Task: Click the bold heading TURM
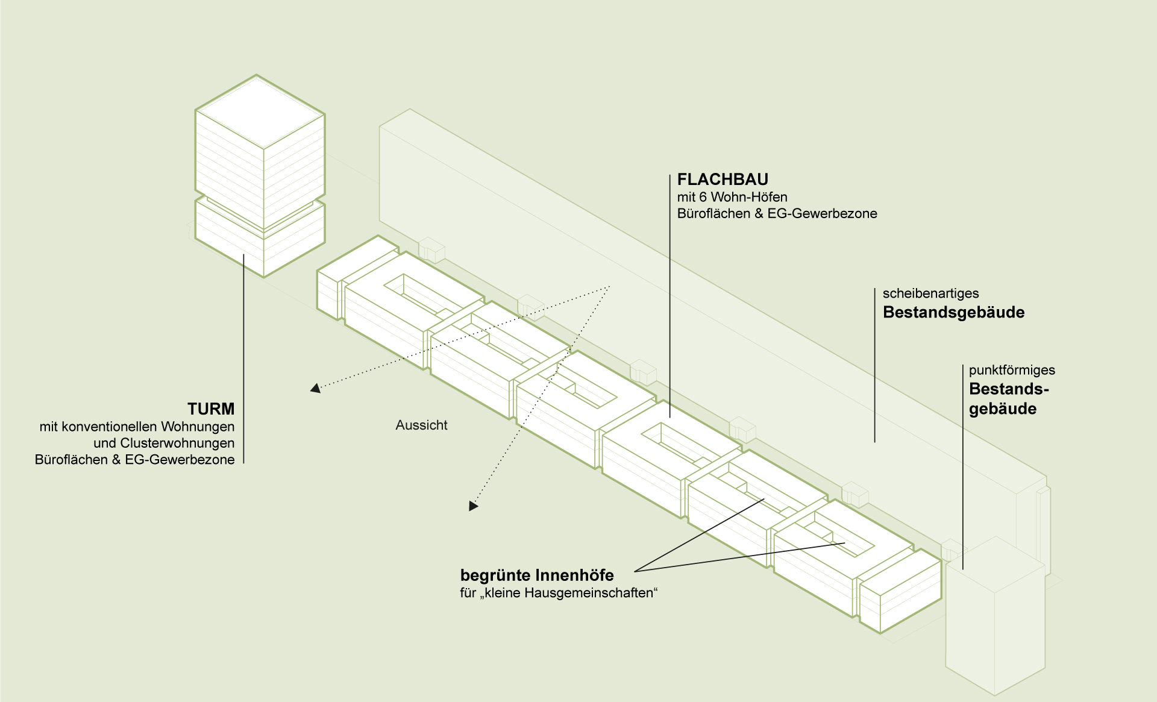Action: (x=211, y=409)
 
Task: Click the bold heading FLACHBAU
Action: (x=723, y=180)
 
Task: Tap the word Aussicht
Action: (x=421, y=425)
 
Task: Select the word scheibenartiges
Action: (x=930, y=294)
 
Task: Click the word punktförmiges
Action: (x=1012, y=371)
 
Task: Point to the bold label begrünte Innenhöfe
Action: (x=537, y=575)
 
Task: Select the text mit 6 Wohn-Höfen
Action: (x=732, y=197)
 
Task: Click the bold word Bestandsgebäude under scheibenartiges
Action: (x=953, y=313)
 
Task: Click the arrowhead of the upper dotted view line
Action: (x=315, y=389)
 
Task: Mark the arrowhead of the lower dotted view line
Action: (x=473, y=506)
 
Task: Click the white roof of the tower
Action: (x=260, y=111)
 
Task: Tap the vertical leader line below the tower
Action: (x=243, y=362)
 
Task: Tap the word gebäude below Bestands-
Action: (x=1003, y=409)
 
